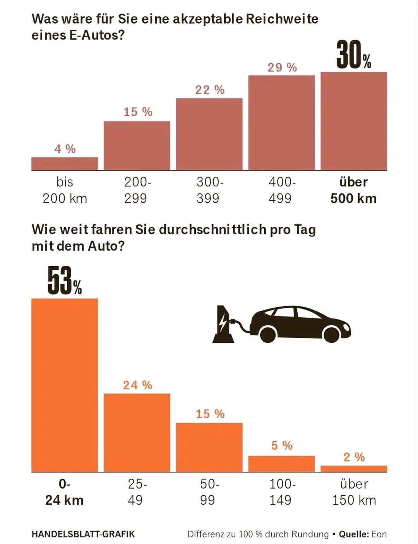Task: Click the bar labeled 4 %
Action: [x=64, y=164]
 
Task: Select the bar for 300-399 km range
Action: [x=209, y=134]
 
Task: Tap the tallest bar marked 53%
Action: [x=64, y=385]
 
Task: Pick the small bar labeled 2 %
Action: [x=353, y=469]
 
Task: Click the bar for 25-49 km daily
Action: [x=137, y=433]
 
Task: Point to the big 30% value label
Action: [x=353, y=56]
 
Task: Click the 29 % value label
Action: [x=282, y=68]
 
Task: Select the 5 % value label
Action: [x=282, y=445]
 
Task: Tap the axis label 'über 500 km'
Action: [x=353, y=190]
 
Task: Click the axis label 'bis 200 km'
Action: [x=65, y=190]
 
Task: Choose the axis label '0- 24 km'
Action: [x=64, y=492]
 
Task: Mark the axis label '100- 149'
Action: [x=282, y=492]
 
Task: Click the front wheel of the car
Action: [x=332, y=334]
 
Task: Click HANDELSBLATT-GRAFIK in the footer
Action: [x=83, y=534]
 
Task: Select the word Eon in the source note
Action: [x=379, y=534]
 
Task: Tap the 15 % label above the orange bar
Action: [x=210, y=414]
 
